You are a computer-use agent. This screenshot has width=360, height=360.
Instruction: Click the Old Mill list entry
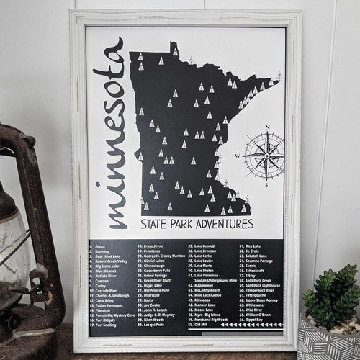coord(199,325)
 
